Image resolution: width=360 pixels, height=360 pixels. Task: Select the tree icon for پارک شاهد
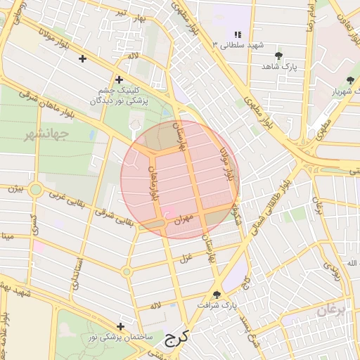(279, 54)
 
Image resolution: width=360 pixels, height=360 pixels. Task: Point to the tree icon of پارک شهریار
(350, 80)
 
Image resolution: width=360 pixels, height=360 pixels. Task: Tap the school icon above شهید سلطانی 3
(238, 34)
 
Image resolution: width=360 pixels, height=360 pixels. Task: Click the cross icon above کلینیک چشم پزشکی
(119, 79)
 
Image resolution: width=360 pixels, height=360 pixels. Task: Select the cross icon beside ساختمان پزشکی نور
(122, 326)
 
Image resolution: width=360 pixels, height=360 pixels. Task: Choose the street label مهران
(193, 220)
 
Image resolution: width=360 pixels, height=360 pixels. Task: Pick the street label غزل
(186, 259)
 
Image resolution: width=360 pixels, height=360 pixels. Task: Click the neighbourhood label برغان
(330, 310)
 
